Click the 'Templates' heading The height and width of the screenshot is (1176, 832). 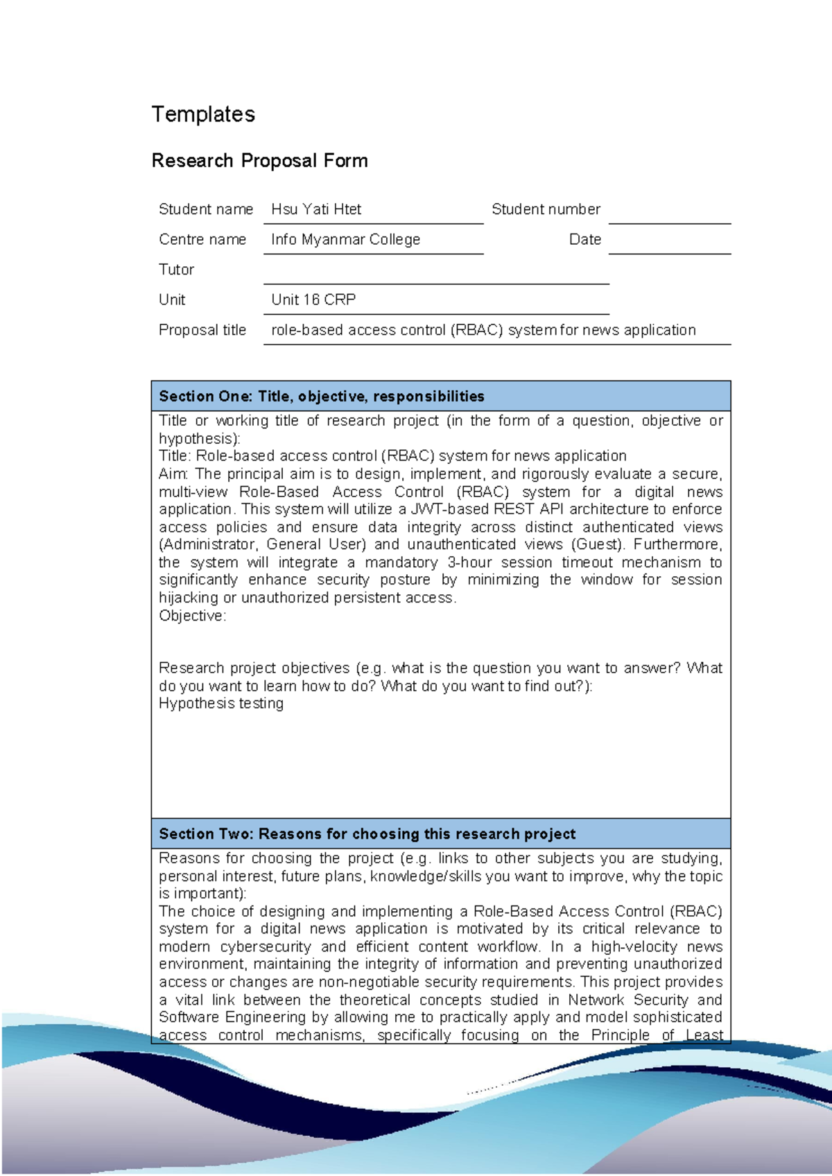click(x=203, y=114)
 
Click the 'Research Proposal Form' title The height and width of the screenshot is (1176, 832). click(x=259, y=161)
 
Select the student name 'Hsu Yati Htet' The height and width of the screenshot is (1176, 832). click(x=316, y=209)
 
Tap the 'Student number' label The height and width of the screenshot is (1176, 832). click(x=546, y=209)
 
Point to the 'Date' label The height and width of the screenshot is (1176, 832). click(x=584, y=240)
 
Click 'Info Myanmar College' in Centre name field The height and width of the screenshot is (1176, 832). click(x=345, y=240)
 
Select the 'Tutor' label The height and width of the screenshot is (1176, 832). click(x=176, y=270)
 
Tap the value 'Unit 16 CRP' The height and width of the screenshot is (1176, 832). click(x=313, y=300)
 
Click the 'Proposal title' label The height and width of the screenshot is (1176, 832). click(x=202, y=330)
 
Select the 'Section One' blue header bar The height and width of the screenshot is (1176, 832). click(x=440, y=396)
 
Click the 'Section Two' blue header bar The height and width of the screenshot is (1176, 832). click(x=440, y=833)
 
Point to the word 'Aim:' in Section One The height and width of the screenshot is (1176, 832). click(x=173, y=474)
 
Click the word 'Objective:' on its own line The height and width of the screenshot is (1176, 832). click(x=192, y=616)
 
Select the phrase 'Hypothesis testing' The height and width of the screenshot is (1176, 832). click(x=220, y=704)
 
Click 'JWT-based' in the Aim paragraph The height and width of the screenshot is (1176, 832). click(x=449, y=510)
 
